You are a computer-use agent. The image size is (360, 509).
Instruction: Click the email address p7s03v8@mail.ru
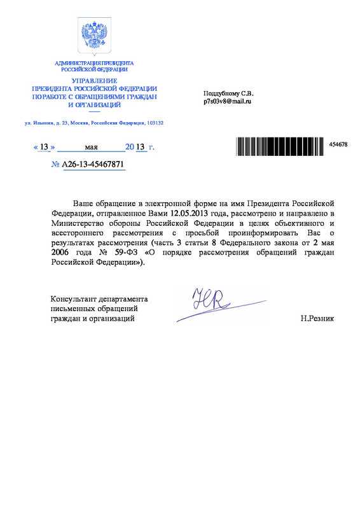click(228, 101)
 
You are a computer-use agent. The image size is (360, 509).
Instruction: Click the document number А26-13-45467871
click(92, 164)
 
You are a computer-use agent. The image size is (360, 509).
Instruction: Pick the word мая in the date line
click(91, 147)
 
